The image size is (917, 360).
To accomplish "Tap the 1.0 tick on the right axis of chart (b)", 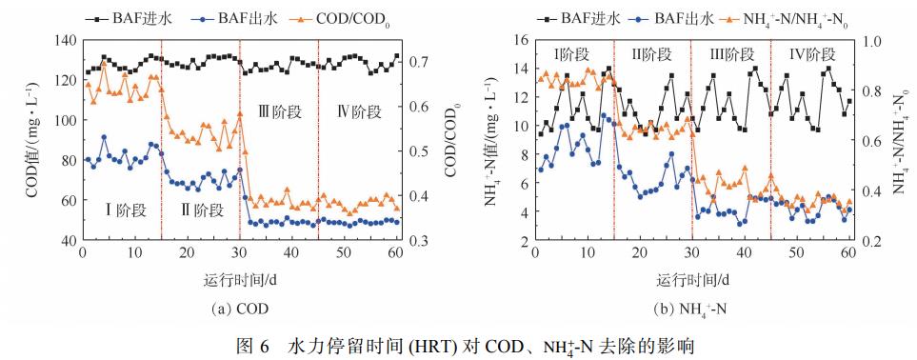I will click(x=871, y=40).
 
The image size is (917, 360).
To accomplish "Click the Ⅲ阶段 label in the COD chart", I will click(x=278, y=110).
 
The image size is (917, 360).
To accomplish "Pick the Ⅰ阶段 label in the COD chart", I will click(x=119, y=207).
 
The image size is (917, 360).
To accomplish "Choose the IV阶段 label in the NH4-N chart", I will click(x=811, y=54).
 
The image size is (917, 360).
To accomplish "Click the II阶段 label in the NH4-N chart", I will click(x=653, y=54).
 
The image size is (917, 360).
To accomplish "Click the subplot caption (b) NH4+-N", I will click(x=691, y=309).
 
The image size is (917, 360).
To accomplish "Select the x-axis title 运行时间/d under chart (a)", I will click(x=242, y=281).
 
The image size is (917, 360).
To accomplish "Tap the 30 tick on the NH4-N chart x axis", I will click(x=692, y=253).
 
